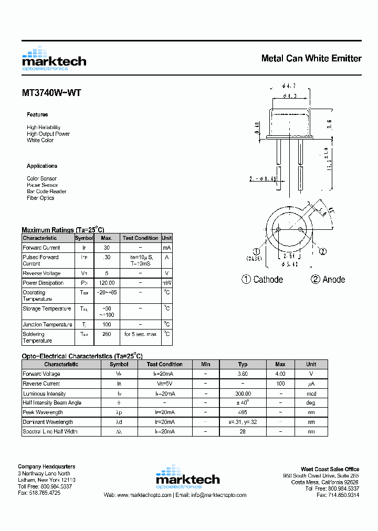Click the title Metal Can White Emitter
coord(311,58)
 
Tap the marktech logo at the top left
coord(54,59)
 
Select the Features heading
coord(37,114)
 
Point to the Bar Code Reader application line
coord(47,192)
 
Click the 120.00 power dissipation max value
coord(107,283)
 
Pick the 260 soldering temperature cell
coord(107,334)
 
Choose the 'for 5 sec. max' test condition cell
coord(140,334)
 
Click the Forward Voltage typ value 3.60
coord(243,374)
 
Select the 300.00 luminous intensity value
coord(243,394)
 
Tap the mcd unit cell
coord(311,394)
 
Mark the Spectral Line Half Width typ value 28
coord(243,431)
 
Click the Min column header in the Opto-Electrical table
coord(205,364)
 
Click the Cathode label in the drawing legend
coord(268,280)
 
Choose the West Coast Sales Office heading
coord(330,469)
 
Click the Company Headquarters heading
coord(46,466)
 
